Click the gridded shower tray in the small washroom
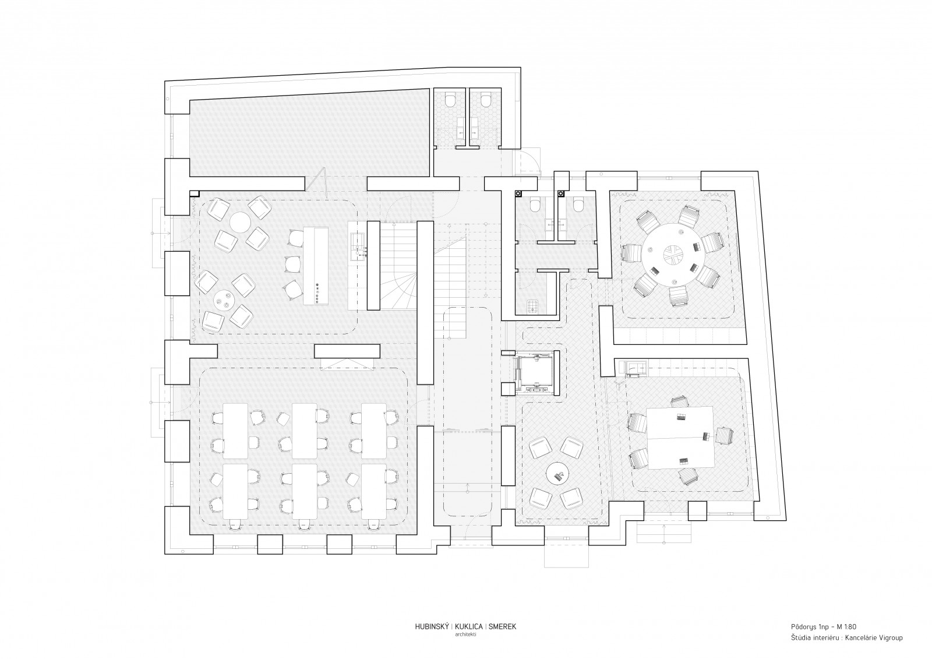click(x=532, y=306)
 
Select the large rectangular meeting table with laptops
click(x=680, y=438)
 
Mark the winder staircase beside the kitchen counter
click(x=398, y=266)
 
